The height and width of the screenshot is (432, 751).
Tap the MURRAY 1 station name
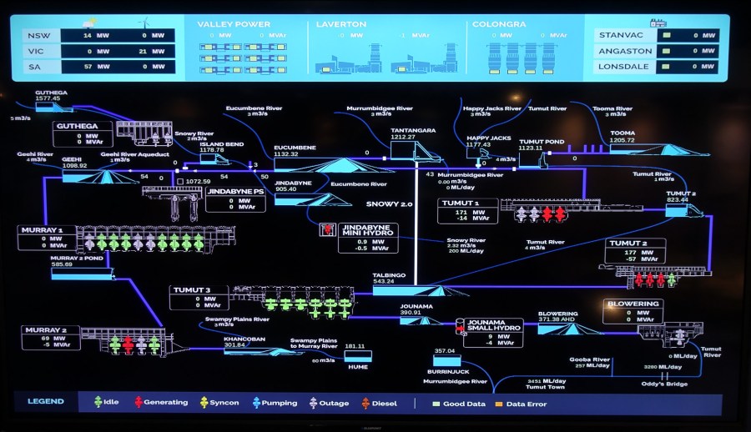click(43, 230)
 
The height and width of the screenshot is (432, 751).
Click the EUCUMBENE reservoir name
click(295, 147)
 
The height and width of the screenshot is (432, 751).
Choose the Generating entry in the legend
click(165, 403)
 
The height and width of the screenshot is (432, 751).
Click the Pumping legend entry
click(279, 403)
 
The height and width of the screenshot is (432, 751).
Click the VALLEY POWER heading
click(222, 24)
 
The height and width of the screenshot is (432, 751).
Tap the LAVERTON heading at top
click(335, 24)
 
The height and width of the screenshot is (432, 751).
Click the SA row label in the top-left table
click(33, 66)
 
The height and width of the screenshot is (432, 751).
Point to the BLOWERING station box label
click(633, 304)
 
